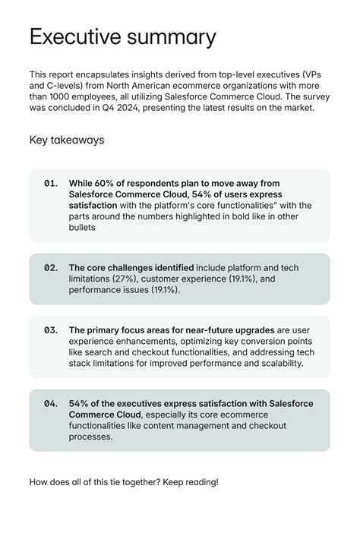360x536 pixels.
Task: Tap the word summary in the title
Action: tap(172, 37)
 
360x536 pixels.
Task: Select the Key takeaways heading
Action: tap(67, 140)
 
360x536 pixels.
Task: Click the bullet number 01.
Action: tap(51, 183)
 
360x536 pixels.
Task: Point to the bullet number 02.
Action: tap(51, 268)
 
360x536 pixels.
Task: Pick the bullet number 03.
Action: tap(51, 330)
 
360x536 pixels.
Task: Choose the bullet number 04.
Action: tap(51, 403)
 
